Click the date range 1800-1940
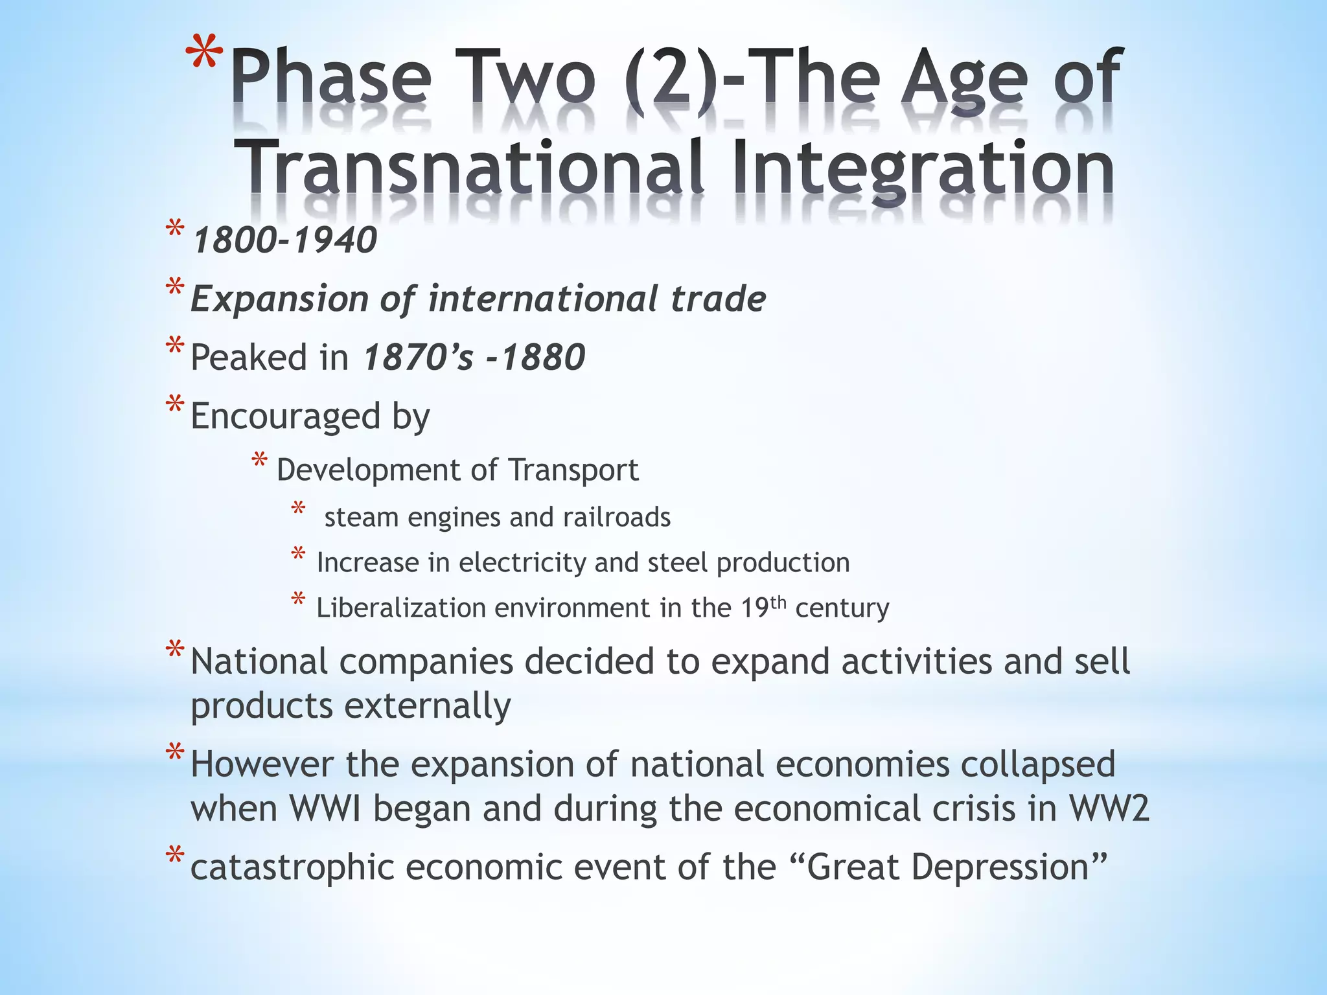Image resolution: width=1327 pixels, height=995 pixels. click(285, 240)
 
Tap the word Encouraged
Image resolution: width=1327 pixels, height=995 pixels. click(285, 416)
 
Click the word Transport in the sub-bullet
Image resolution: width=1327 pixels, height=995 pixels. click(573, 470)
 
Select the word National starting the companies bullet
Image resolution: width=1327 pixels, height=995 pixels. click(259, 662)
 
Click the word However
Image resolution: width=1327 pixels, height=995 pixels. click(262, 764)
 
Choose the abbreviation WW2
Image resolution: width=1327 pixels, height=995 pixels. click(1109, 808)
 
